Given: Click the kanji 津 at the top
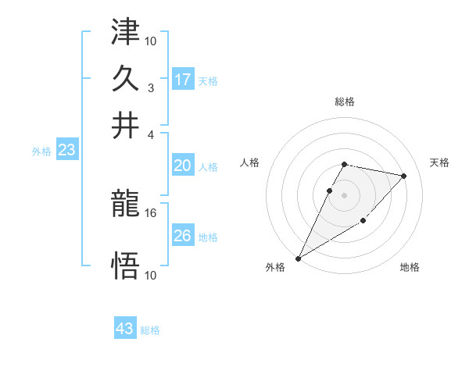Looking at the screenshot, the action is (125, 34).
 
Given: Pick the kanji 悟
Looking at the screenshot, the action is (125, 266).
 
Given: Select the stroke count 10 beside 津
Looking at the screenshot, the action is (151, 40).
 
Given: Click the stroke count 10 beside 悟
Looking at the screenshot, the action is (151, 275).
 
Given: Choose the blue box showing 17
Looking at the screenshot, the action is (183, 79).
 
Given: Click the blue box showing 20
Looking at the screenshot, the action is (183, 166).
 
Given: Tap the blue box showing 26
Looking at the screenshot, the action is (183, 236).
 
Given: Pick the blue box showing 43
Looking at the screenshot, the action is (125, 329).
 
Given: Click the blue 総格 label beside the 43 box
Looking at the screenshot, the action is (150, 330).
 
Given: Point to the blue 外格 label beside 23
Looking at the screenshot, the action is (41, 151).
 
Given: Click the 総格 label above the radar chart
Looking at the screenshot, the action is (344, 102).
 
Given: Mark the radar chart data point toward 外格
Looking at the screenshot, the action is (299, 258).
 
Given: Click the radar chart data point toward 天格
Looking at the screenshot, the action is (404, 176).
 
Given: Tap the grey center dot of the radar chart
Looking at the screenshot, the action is (344, 194).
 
